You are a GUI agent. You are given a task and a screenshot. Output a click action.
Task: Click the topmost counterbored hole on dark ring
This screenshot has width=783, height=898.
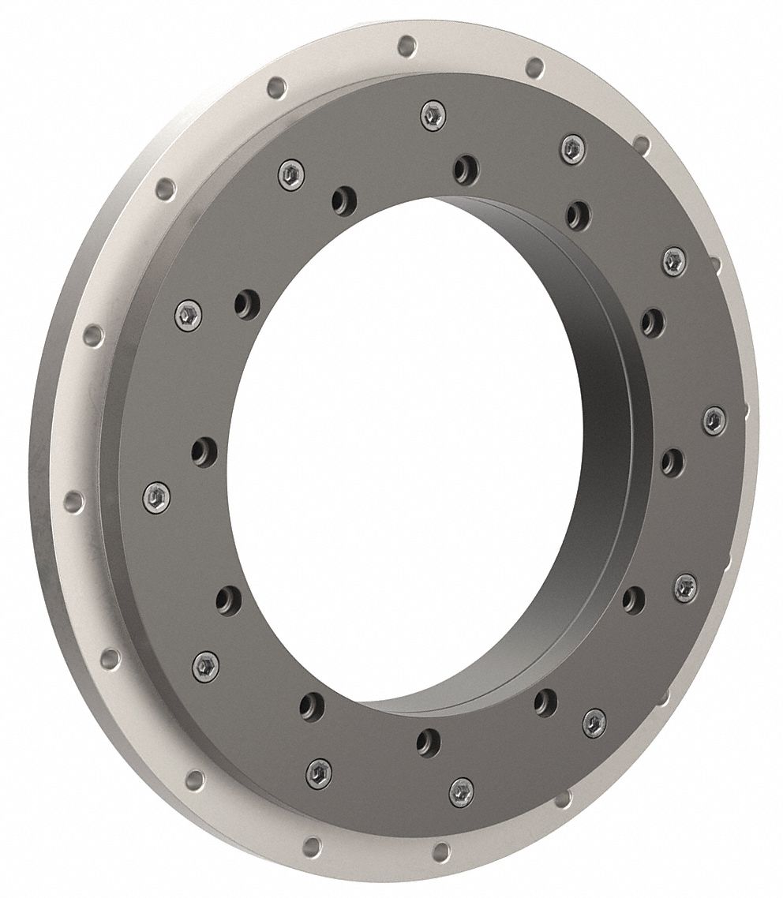tap(465, 167)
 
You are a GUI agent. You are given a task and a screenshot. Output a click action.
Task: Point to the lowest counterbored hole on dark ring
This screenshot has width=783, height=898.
tap(428, 741)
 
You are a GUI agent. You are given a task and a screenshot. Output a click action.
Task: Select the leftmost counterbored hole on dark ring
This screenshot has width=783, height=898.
tap(204, 451)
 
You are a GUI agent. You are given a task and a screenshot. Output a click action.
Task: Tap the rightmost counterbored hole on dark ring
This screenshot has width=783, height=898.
tap(672, 462)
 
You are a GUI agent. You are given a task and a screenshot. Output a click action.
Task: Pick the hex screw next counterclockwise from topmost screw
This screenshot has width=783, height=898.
tap(290, 174)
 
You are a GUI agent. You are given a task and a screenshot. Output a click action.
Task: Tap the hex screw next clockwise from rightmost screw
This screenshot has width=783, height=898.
tap(685, 586)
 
